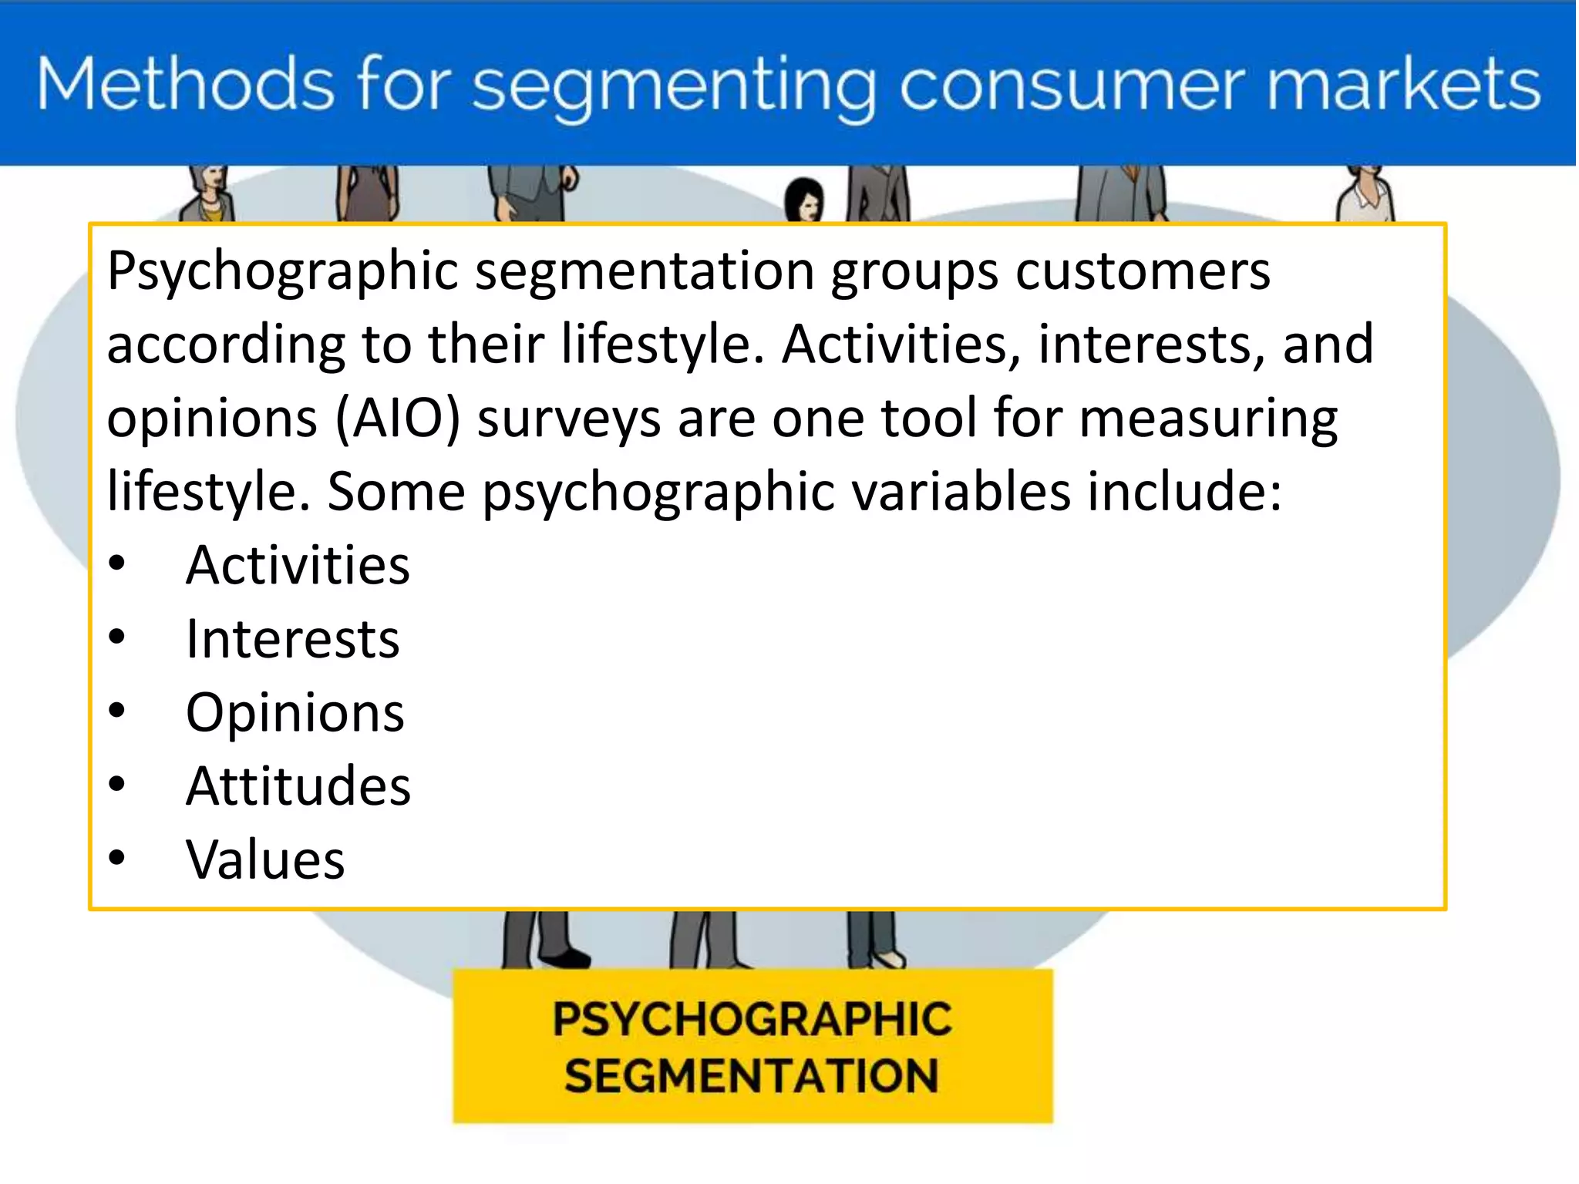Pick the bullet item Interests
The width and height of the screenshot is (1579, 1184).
tap(293, 639)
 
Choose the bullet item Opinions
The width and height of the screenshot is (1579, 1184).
tap(295, 712)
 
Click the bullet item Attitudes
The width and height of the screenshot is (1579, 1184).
tap(298, 786)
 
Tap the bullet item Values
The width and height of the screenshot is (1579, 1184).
tap(265, 859)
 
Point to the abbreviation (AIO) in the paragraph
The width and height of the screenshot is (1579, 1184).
tap(398, 418)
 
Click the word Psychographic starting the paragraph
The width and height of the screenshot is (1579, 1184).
tap(283, 271)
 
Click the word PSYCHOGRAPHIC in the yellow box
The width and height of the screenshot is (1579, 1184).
tap(752, 1019)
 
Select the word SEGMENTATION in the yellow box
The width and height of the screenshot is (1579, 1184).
tap(752, 1076)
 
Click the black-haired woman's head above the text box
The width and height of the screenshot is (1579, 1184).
tap(804, 199)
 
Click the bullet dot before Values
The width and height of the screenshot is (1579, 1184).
tap(116, 857)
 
